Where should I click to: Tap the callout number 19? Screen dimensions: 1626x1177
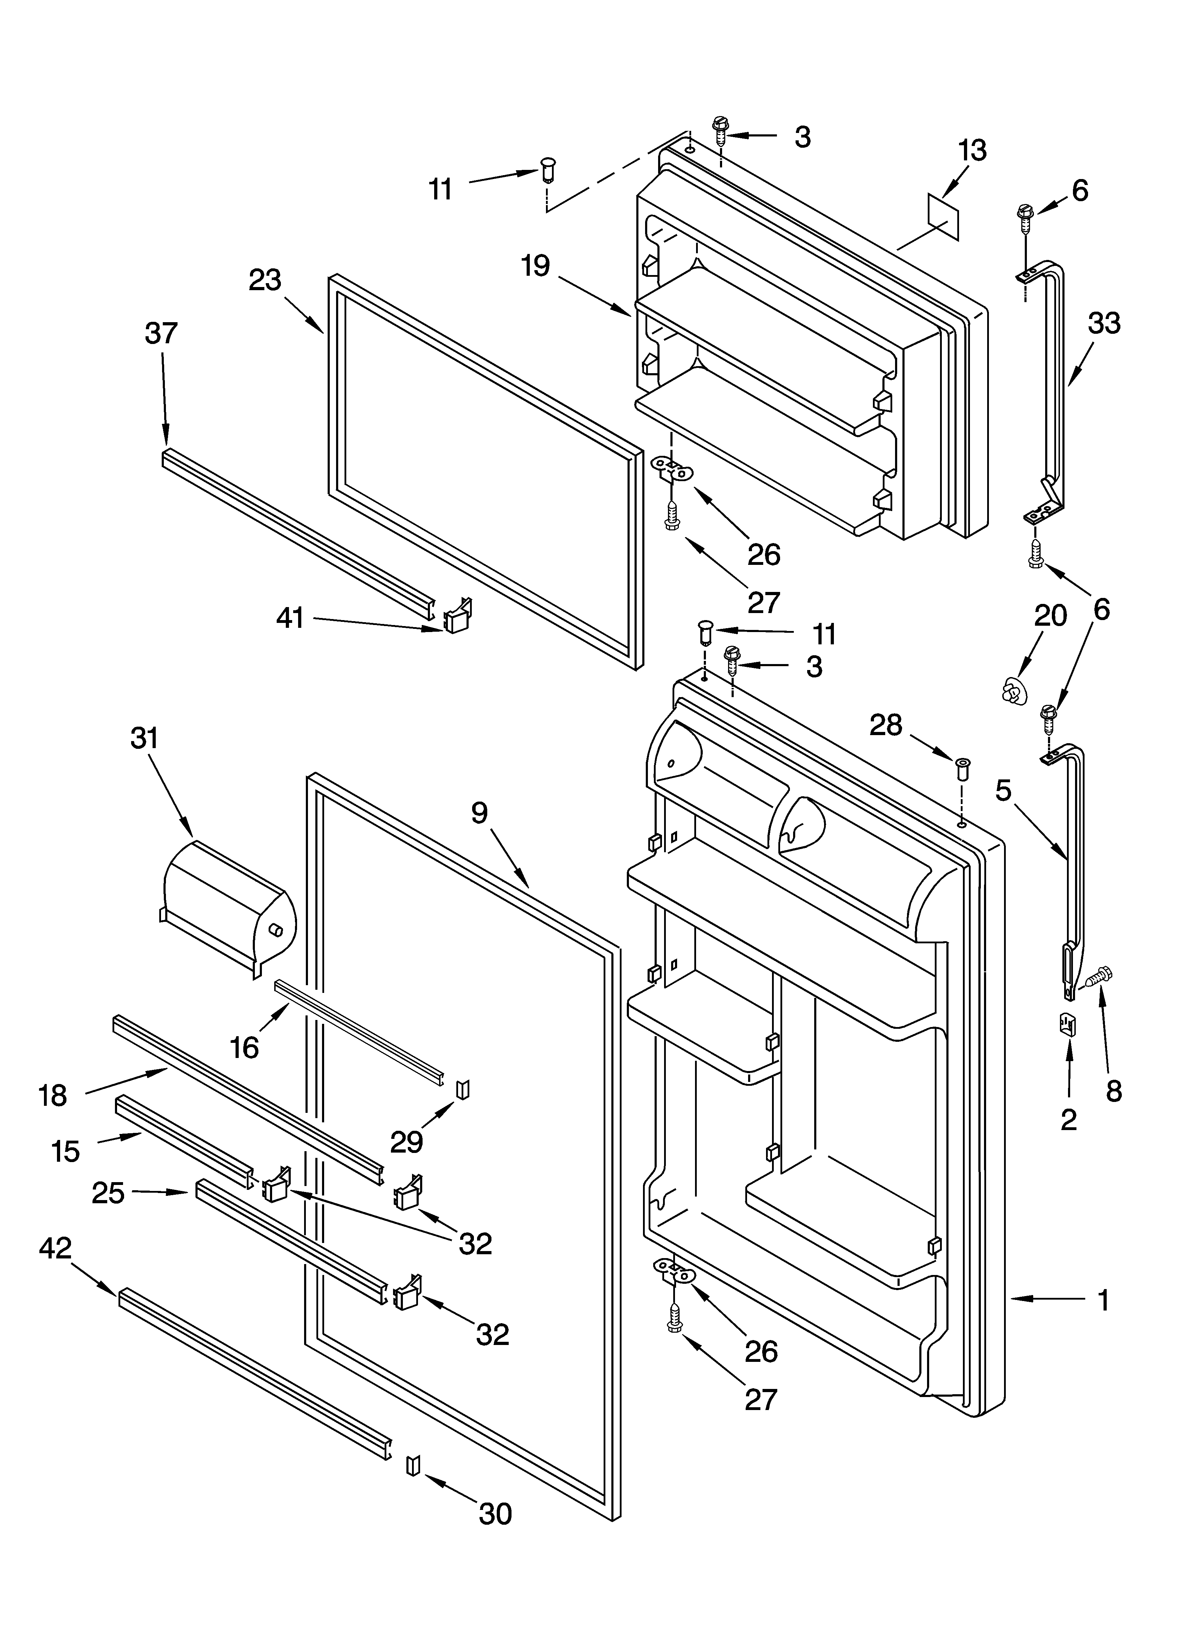pos(535,266)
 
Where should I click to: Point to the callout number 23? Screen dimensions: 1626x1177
pos(264,280)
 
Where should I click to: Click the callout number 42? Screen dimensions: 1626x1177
pos(55,1248)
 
